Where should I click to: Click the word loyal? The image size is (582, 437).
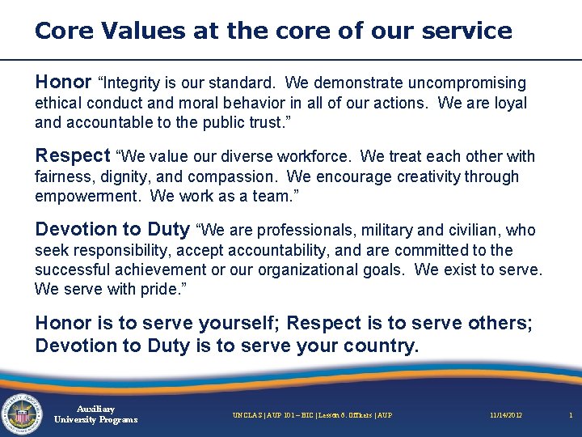508,104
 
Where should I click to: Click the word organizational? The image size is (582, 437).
306,270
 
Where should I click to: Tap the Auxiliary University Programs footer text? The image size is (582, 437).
95,414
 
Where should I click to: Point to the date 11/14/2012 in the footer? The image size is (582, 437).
505,415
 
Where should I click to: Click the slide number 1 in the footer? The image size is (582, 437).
570,415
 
